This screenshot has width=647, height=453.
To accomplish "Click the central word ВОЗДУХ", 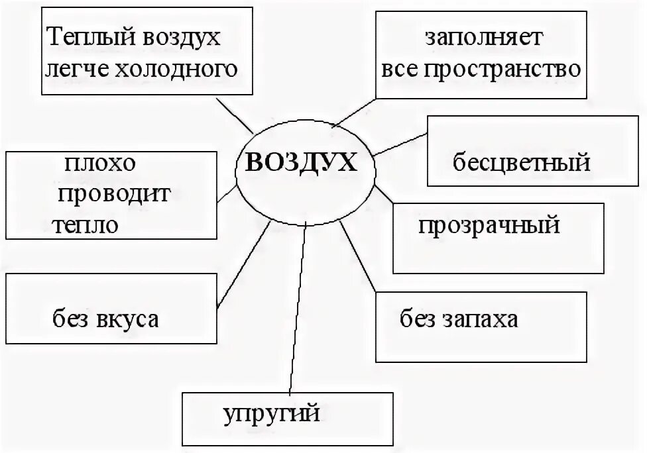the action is pos(301,162).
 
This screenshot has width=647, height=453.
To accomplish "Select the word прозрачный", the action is pos(489,225).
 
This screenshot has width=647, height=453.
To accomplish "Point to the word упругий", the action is pos(272,415).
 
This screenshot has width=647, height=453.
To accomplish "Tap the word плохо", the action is pos(102,163).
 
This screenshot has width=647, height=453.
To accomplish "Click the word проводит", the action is pos(114,194).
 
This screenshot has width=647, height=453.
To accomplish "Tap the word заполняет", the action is pos(484,38).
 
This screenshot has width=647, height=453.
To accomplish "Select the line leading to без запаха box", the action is pos(358,258).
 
